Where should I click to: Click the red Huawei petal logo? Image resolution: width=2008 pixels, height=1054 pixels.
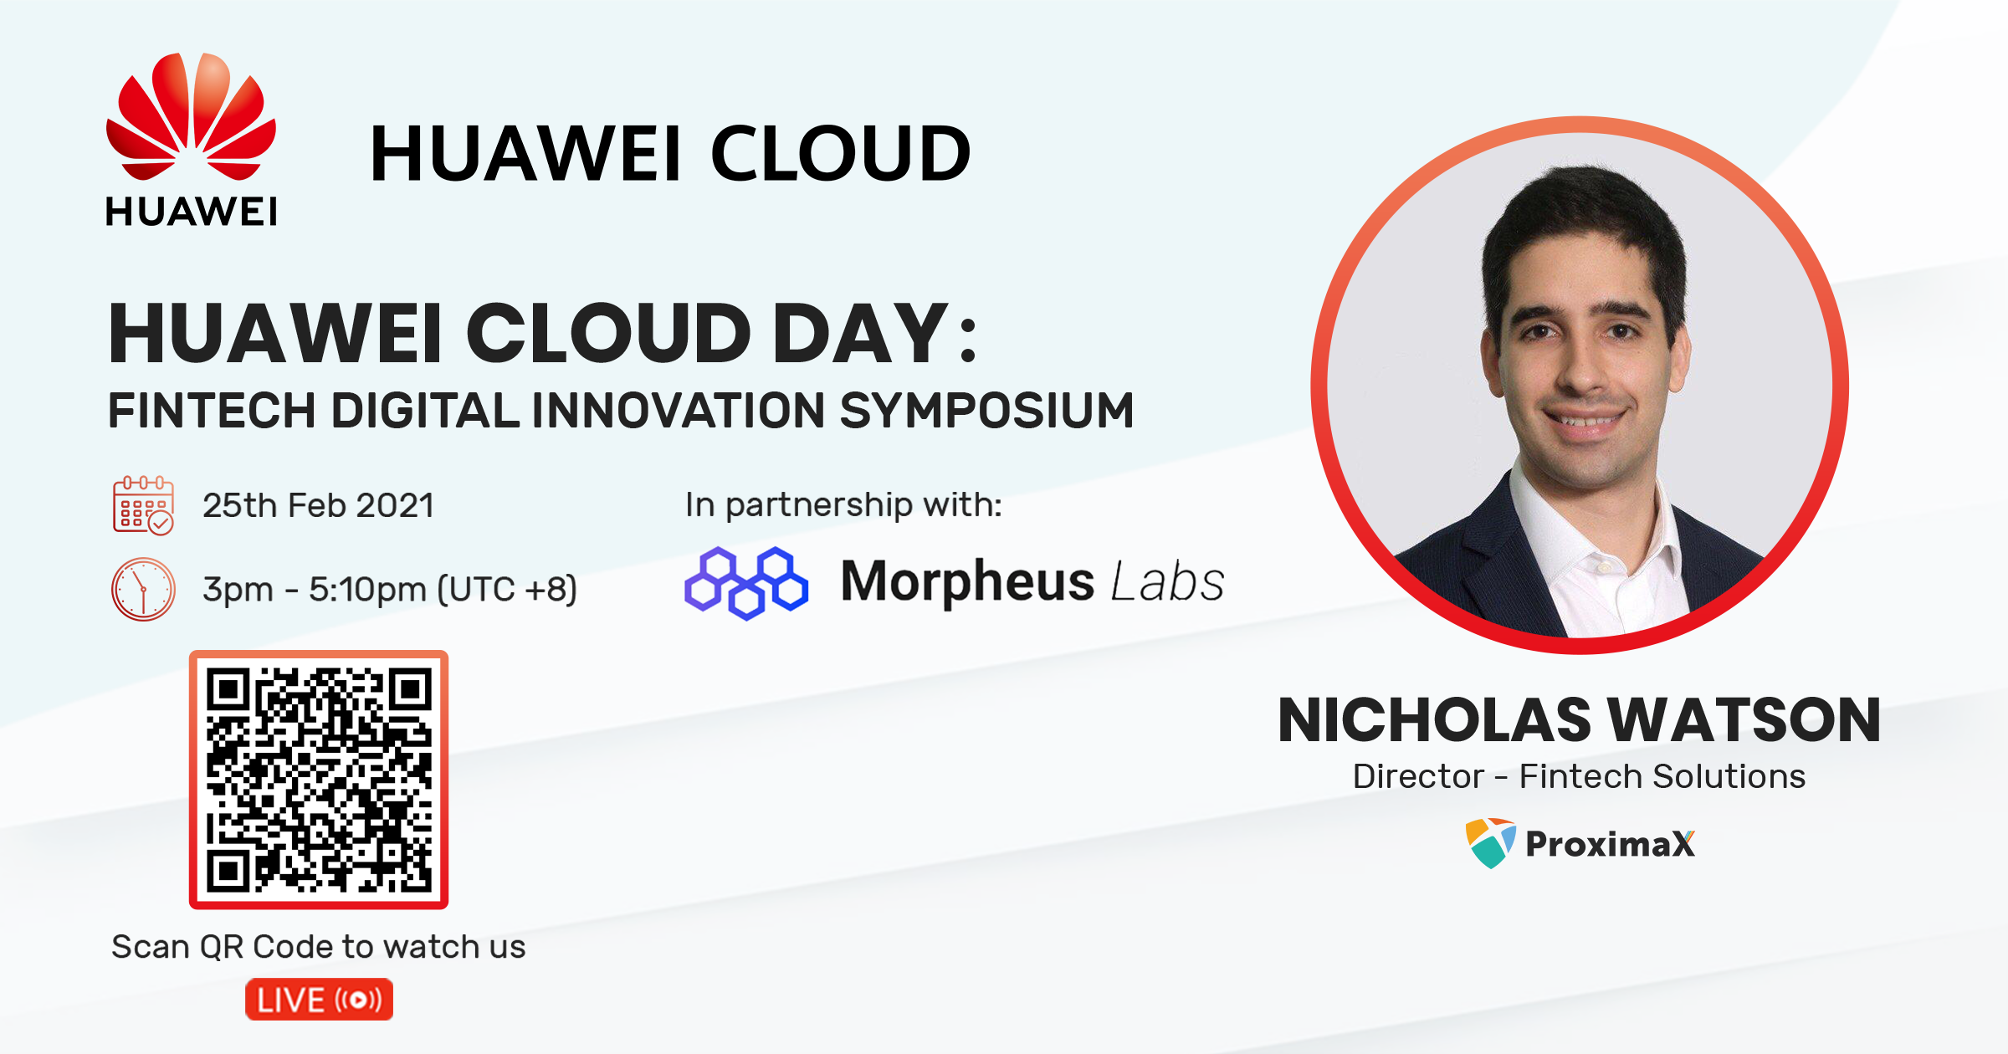click(191, 116)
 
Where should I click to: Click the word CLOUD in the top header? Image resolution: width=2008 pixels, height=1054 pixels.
click(841, 153)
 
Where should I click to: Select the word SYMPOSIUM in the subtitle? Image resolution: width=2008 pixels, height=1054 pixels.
click(986, 411)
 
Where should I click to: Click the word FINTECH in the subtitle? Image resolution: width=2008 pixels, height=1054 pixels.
click(213, 411)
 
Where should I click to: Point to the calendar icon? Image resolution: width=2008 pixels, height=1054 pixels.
click(143, 505)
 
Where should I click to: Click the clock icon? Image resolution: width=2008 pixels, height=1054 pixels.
click(143, 590)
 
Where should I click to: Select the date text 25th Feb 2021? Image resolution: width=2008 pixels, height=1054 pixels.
click(318, 505)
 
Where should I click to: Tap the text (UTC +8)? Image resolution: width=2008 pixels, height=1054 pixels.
click(507, 590)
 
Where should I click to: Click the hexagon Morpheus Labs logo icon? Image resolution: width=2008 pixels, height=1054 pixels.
click(746, 583)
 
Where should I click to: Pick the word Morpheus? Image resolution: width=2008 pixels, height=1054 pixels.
click(967, 582)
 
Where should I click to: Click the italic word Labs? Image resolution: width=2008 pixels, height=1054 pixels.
click(1168, 581)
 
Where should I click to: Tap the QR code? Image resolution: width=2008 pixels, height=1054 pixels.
click(319, 780)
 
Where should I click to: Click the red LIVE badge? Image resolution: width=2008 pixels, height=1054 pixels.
click(319, 1000)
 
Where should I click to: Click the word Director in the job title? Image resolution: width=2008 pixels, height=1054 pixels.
click(1418, 776)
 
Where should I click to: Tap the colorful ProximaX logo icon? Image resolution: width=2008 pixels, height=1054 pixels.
click(1490, 843)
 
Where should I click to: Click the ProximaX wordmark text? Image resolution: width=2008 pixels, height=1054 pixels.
click(1611, 844)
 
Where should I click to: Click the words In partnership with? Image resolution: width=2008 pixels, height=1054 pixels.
click(843, 505)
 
